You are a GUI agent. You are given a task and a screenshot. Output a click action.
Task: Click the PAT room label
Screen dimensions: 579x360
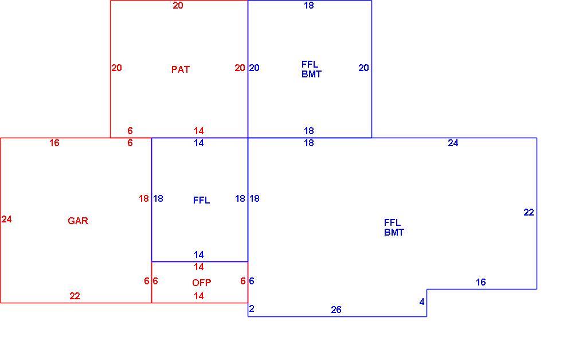pyautogui.click(x=180, y=69)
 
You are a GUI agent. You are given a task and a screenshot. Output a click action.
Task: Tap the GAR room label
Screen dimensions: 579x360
pyautogui.click(x=78, y=221)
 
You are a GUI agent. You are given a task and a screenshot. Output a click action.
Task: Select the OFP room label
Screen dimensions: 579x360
pyautogui.click(x=202, y=283)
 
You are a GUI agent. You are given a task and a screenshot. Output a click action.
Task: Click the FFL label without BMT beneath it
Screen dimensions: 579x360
pyautogui.click(x=202, y=200)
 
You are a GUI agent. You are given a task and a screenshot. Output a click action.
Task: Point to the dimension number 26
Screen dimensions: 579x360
pyautogui.click(x=336, y=310)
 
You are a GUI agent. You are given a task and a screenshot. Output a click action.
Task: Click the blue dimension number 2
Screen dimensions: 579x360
pyautogui.click(x=252, y=308)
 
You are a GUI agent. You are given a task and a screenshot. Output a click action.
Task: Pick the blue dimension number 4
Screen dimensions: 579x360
pyautogui.click(x=422, y=302)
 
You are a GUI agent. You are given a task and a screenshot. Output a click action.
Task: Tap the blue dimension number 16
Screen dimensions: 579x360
pyautogui.click(x=481, y=283)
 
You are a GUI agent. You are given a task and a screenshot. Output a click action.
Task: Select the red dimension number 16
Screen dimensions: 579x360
pyautogui.click(x=54, y=143)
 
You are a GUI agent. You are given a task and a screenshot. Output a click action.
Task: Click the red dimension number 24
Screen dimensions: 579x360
pyautogui.click(x=7, y=220)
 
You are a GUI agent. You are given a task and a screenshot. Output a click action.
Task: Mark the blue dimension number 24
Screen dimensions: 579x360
pyautogui.click(x=453, y=143)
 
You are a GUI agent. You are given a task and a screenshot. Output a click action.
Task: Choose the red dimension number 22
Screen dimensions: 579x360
pyautogui.click(x=75, y=296)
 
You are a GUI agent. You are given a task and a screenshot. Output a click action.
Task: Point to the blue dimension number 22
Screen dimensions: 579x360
pyautogui.click(x=529, y=212)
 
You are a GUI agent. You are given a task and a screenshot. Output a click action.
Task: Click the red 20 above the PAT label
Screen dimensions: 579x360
pyautogui.click(x=178, y=6)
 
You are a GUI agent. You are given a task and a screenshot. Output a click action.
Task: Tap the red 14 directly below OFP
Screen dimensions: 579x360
pyautogui.click(x=199, y=296)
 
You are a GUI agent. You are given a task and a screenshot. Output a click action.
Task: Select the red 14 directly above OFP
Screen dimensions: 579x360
pyautogui.click(x=199, y=267)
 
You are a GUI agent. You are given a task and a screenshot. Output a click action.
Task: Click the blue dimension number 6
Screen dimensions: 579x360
pyautogui.click(x=252, y=281)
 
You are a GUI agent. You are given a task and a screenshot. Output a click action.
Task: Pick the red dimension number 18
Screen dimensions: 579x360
pyautogui.click(x=144, y=199)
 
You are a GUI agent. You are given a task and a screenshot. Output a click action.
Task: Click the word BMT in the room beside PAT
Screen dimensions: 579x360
pyautogui.click(x=311, y=74)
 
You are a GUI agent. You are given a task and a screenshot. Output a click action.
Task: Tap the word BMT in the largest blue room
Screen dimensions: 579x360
pyautogui.click(x=394, y=232)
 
